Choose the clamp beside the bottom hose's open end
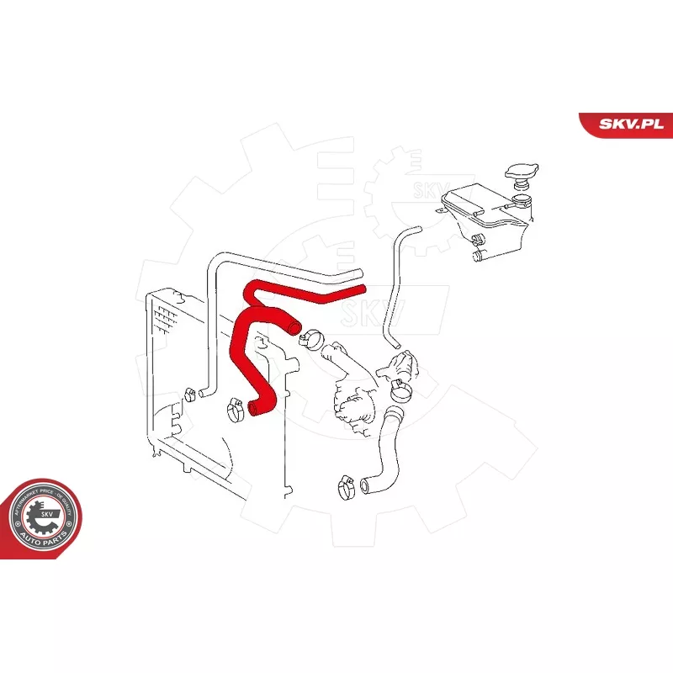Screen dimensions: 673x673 [x=345, y=485]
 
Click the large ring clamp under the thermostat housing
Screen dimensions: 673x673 [x=400, y=389]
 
